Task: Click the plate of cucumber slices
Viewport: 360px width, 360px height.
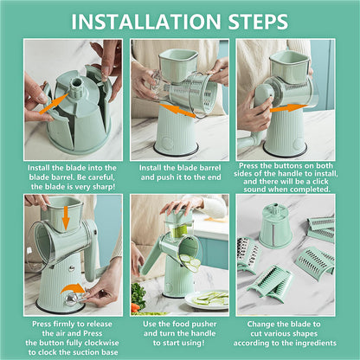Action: pos(208,299)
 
